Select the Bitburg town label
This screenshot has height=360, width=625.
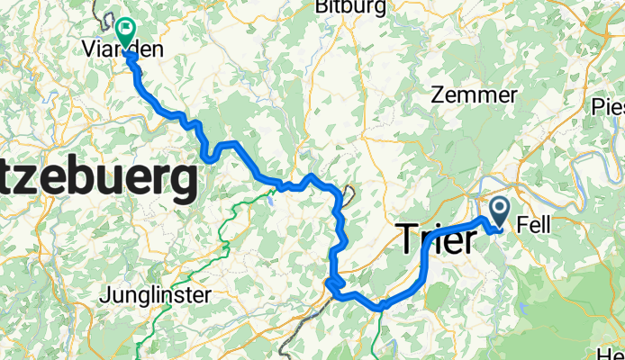349,7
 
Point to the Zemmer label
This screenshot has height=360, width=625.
474,94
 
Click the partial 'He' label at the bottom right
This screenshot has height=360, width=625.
612,352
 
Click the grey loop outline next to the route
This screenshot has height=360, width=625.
348,193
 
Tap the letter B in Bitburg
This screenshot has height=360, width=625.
322,7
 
